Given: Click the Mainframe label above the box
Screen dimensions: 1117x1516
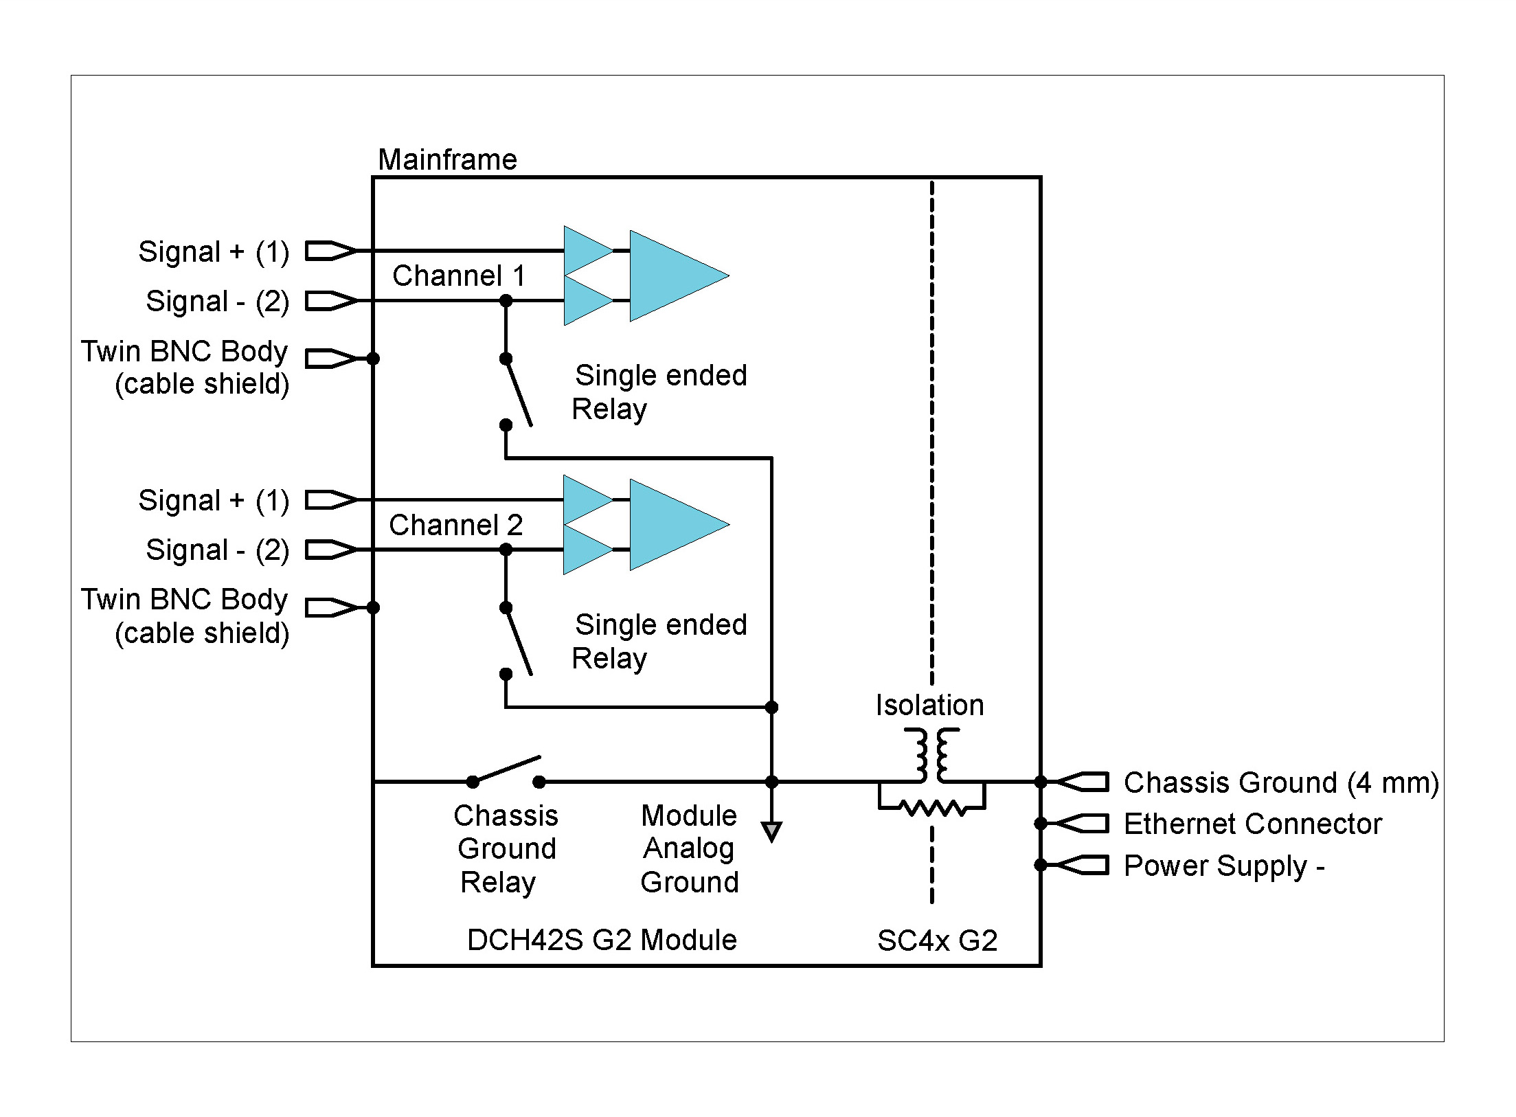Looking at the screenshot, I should pos(447,160).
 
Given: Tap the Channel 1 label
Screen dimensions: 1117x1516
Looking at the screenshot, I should pos(458,276).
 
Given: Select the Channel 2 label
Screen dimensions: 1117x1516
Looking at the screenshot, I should pos(455,526).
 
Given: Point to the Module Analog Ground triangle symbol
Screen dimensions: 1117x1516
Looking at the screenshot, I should pos(771,832).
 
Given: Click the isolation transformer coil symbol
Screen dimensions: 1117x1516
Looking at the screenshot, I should pos(931,756).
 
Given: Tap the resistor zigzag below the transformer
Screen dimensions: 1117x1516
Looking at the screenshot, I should pos(932,808).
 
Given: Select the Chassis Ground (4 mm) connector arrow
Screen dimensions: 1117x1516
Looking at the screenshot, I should pos(1082,782).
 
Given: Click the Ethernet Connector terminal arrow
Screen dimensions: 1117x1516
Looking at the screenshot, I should pos(1082,823).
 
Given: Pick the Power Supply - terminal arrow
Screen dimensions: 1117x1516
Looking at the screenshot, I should pos(1082,865).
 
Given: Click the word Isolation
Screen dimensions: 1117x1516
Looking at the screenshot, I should pos(929,706).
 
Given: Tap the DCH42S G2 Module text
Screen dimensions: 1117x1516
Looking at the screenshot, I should pos(602,940).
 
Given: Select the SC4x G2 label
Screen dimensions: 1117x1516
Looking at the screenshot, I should pos(937,940).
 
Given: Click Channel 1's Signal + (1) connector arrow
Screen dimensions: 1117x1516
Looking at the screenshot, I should pos(330,251).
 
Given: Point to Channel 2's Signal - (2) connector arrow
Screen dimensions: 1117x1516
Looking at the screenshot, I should pos(330,550).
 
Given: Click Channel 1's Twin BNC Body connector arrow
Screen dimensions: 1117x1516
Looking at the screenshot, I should pos(330,359).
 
